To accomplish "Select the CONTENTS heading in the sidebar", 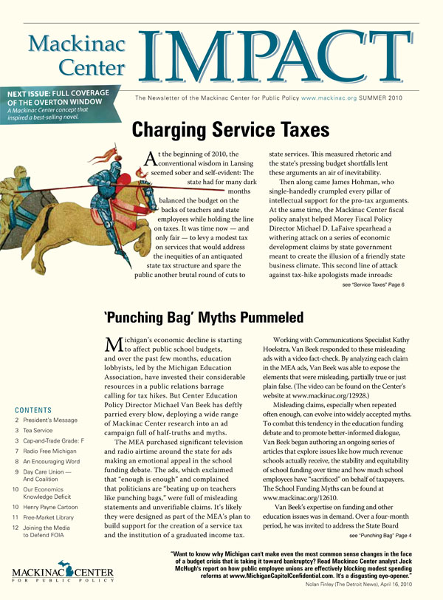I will pyautogui.click(x=32, y=409).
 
